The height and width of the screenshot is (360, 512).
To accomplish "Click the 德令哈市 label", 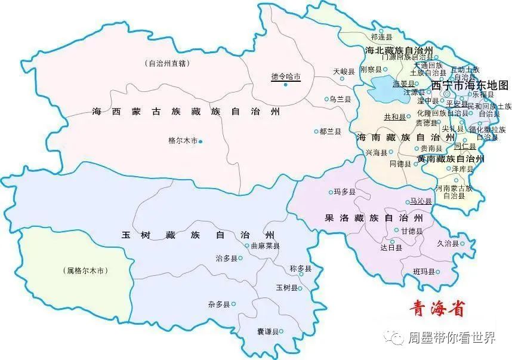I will (x=285, y=76).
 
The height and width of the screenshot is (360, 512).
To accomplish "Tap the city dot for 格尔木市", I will (x=201, y=141).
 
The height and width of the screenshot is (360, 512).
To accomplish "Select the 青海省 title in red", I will (x=436, y=309).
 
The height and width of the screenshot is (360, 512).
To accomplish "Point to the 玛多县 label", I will (x=345, y=192).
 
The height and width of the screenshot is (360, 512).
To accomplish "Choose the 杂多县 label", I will (x=219, y=304).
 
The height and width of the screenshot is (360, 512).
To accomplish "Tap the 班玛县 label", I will (x=424, y=273).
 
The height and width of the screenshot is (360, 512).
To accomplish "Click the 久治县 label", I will (x=447, y=244).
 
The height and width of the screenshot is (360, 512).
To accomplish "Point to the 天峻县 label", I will (x=344, y=72).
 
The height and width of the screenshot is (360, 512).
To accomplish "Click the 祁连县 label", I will (x=382, y=37).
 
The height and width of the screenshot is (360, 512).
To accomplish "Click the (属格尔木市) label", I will (x=86, y=270).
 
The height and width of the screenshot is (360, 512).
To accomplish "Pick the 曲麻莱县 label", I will (x=266, y=245).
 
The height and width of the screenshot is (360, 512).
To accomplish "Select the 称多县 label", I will (x=300, y=269).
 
